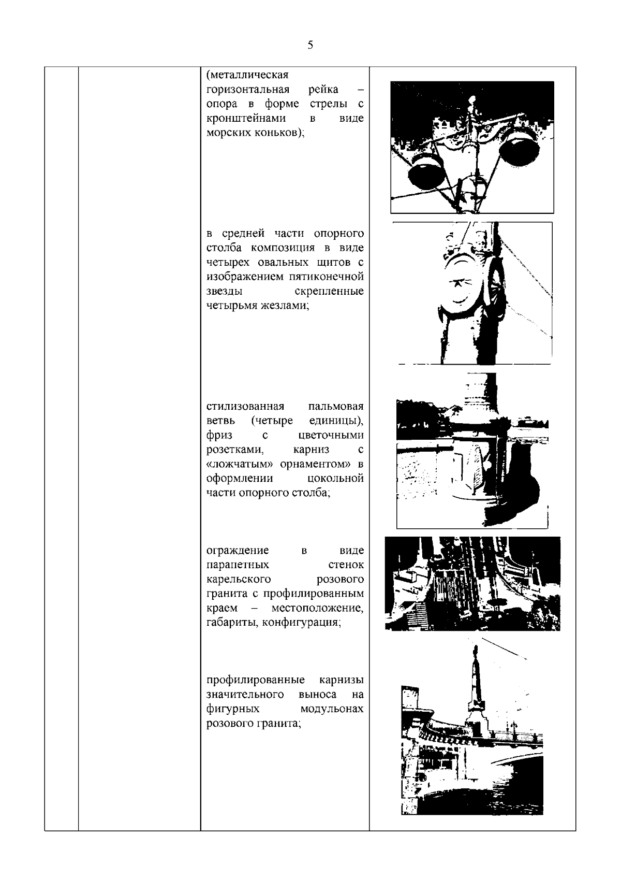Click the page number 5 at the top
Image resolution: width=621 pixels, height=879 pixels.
point(310,45)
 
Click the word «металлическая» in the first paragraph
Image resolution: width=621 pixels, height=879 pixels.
point(247,75)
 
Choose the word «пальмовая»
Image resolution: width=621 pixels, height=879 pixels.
point(335,406)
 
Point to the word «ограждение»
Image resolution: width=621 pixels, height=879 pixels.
point(238,550)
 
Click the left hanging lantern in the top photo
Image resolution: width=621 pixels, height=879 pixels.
point(425,174)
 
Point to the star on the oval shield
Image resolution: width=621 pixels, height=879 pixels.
point(457,283)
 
